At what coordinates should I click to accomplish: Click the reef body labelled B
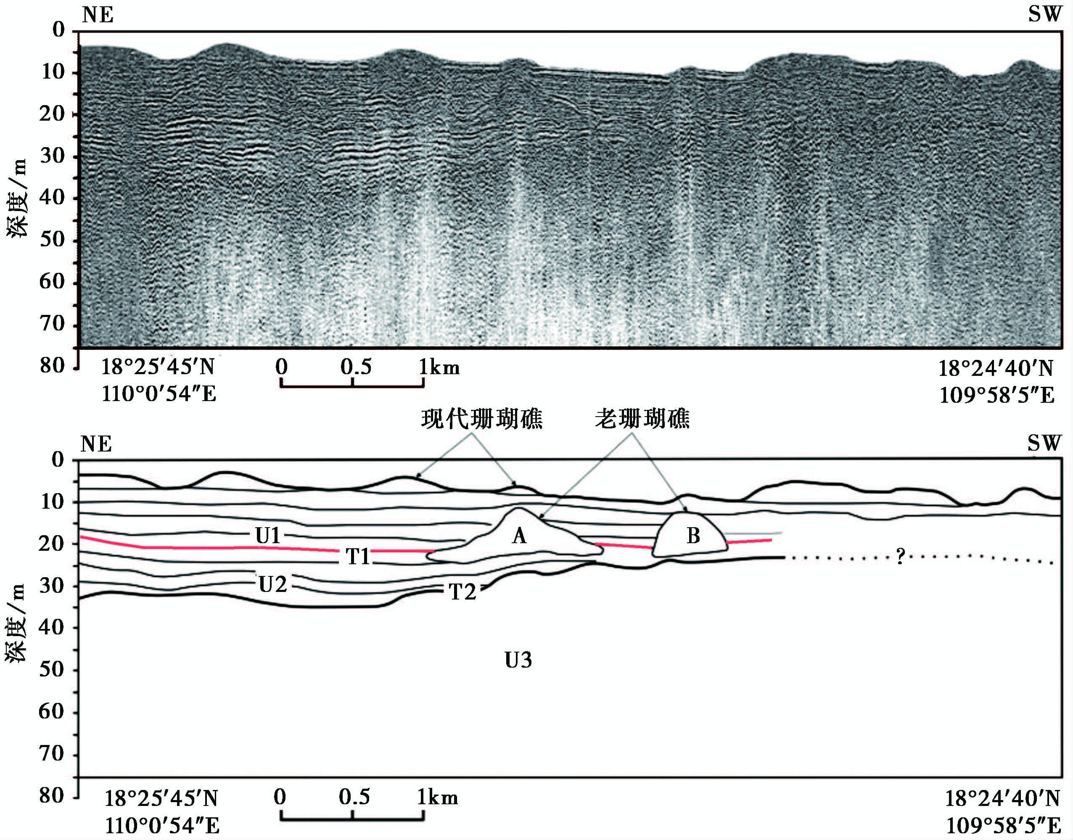pyautogui.click(x=693, y=536)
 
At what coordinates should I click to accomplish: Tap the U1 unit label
pyautogui.click(x=267, y=536)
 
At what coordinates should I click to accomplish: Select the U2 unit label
pyautogui.click(x=272, y=585)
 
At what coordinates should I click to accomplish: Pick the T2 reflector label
pyautogui.click(x=462, y=592)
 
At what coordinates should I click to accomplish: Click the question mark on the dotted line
pyautogui.click(x=900, y=557)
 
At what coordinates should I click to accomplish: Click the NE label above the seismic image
pyautogui.click(x=98, y=15)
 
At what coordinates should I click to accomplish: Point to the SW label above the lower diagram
pyautogui.click(x=1044, y=444)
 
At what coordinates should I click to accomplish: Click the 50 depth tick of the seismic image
pyautogui.click(x=52, y=240)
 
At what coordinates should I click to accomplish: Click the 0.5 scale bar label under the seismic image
pyautogui.click(x=356, y=367)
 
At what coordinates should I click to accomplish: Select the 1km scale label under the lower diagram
pyautogui.click(x=438, y=797)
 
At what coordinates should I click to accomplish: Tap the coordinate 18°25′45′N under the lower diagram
pyautogui.click(x=161, y=799)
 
